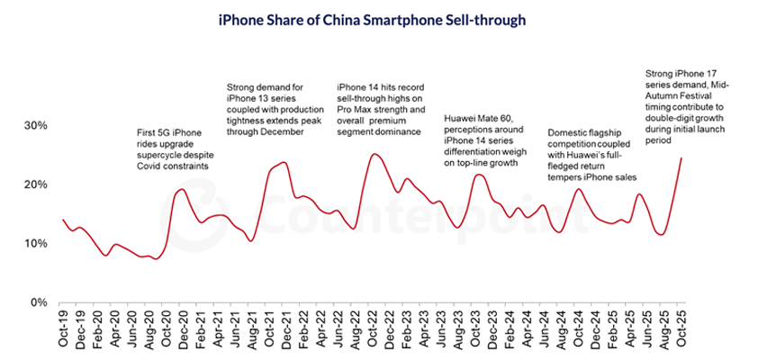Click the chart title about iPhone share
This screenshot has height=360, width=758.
[378, 17]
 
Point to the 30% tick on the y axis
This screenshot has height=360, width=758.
[33, 125]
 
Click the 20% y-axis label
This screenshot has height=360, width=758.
[33, 184]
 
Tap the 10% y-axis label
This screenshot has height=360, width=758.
[33, 243]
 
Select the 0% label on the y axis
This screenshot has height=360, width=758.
[37, 302]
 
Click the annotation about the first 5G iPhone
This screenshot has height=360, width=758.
[173, 150]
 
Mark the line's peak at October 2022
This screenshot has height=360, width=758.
[374, 154]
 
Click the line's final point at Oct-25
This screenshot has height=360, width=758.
[681, 158]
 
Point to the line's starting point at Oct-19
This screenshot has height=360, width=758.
[62, 219]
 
